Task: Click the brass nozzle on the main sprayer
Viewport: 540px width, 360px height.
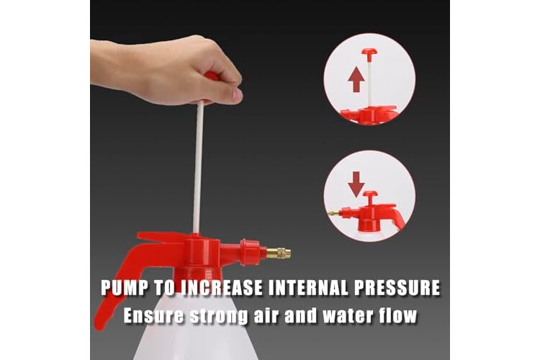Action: click(278, 253)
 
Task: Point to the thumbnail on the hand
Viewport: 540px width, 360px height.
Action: click(238, 93)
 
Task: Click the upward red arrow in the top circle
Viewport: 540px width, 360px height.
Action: click(356, 79)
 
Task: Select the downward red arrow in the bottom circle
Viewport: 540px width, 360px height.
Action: click(356, 184)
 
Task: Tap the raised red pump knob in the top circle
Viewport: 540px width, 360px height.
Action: click(369, 52)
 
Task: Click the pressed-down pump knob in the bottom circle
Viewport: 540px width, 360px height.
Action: click(370, 196)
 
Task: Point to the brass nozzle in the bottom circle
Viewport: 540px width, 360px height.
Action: click(333, 214)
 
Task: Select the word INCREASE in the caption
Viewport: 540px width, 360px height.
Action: click(222, 288)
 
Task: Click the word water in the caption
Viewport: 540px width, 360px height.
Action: click(346, 315)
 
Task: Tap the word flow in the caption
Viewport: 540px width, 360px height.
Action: click(397, 315)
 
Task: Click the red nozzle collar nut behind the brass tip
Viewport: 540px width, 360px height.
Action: click(250, 253)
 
